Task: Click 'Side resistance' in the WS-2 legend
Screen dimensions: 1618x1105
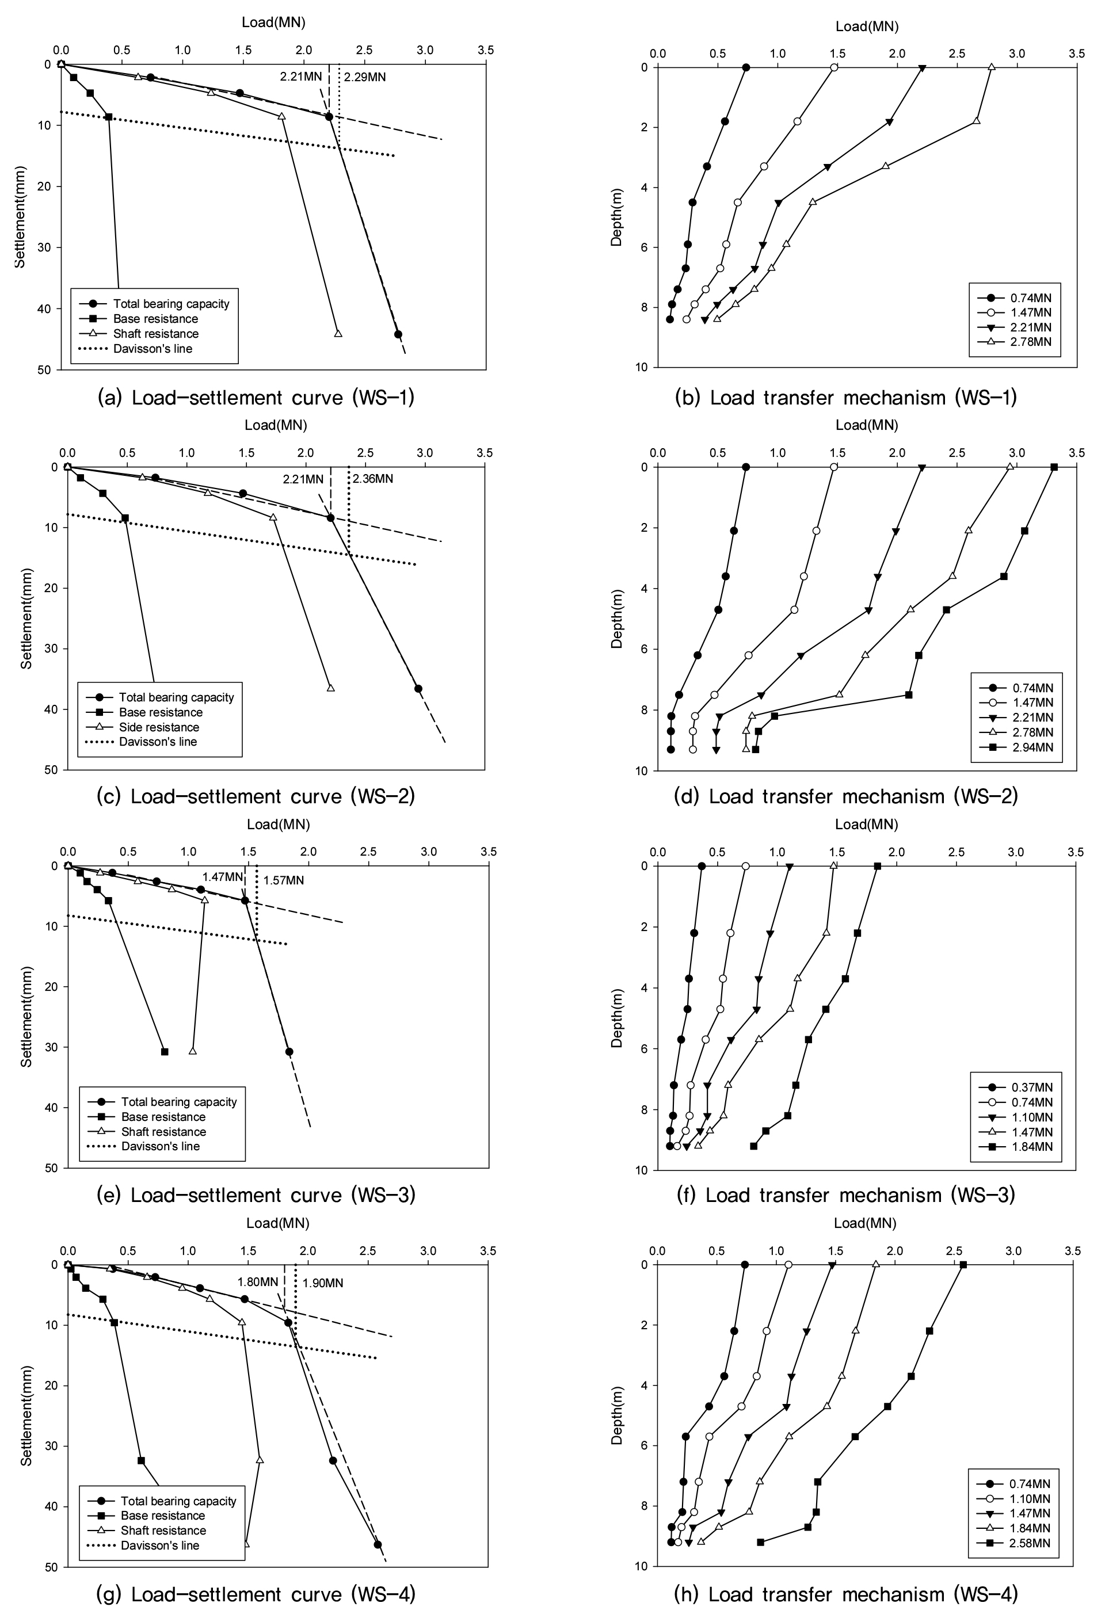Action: click(159, 727)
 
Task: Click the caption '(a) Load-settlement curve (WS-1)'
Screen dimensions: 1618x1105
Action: click(256, 398)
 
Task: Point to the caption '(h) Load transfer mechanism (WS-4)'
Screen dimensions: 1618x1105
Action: click(845, 1594)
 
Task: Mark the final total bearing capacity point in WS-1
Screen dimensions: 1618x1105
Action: click(398, 334)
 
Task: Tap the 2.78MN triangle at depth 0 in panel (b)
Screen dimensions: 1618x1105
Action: click(992, 67)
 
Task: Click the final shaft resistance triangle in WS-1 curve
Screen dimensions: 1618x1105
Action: click(338, 334)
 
